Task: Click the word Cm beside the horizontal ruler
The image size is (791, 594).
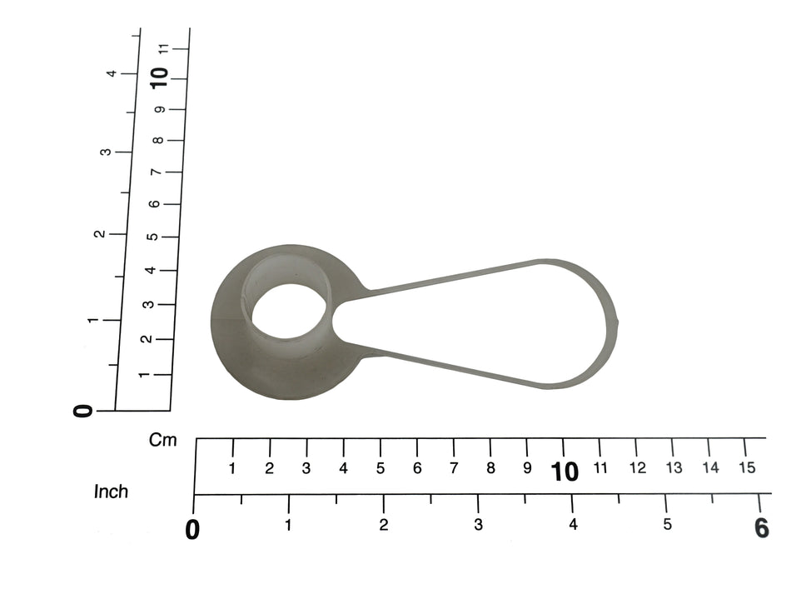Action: pos(163,440)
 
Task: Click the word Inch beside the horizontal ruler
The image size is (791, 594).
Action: pos(111,492)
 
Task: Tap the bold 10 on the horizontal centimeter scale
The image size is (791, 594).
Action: pos(565,472)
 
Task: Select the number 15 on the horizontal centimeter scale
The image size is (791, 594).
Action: pos(747,468)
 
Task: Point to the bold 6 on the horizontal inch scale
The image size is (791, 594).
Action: pos(762,528)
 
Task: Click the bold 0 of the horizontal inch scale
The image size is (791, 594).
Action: pos(192,530)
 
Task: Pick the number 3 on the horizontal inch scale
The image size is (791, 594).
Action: pos(478,525)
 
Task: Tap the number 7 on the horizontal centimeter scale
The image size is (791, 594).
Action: pos(454,468)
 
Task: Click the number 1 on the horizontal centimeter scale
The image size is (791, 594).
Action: pos(232,469)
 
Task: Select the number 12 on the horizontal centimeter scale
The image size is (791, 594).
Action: pos(638,468)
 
